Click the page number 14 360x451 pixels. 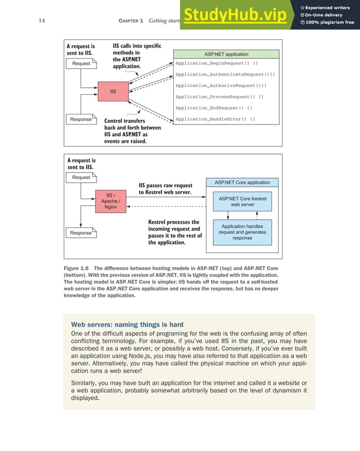tap(42, 21)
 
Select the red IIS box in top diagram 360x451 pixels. tap(113, 91)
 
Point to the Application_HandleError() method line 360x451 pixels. tap(215, 119)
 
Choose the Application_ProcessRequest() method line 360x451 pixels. tap(219, 96)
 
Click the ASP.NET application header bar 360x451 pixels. tap(226, 54)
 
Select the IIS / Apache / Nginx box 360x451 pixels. tap(110, 201)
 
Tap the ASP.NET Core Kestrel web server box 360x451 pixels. tap(243, 201)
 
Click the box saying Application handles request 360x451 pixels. tap(243, 232)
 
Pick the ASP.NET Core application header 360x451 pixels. tap(242, 182)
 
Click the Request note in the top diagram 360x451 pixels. tap(81, 64)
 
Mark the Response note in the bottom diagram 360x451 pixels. tap(81, 233)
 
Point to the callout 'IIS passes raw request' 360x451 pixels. tap(165, 189)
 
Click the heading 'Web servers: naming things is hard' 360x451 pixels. tap(127, 324)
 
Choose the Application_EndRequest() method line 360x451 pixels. tap(213, 108)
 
